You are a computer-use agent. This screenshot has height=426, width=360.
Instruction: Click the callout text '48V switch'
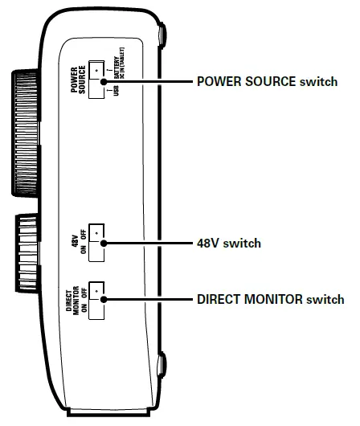pos(228,243)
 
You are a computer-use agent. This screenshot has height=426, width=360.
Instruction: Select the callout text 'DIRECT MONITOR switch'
pos(270,299)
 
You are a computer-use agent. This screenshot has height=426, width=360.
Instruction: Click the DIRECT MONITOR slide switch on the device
pos(97,300)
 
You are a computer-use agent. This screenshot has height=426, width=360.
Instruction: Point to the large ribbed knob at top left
pos(25,133)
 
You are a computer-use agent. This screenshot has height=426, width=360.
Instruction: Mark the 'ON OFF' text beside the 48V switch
pos(82,243)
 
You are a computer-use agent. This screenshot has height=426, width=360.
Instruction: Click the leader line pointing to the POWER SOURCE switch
pos(149,82)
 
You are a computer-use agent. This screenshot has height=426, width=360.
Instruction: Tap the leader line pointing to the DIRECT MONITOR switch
pos(149,299)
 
